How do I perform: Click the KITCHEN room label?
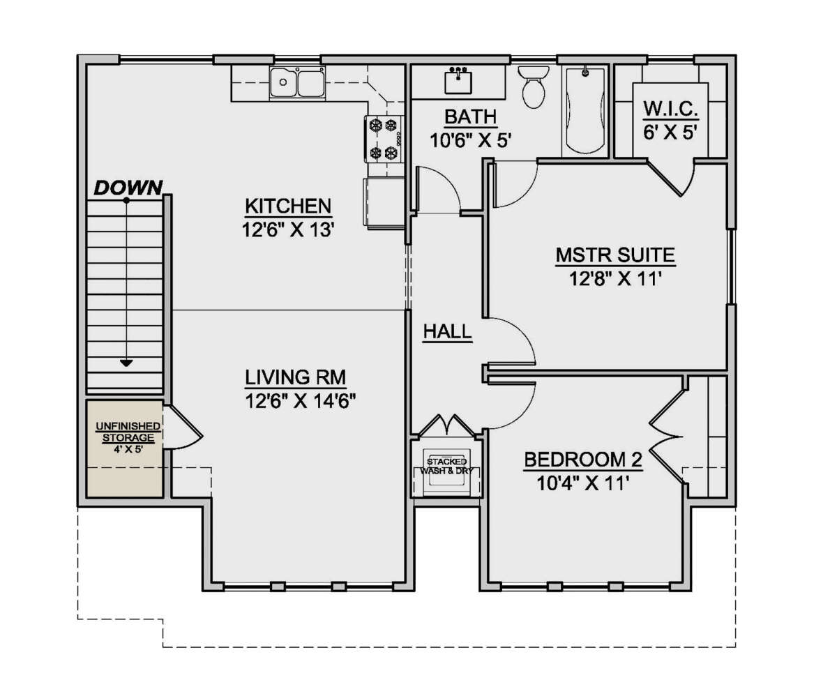[x=288, y=206]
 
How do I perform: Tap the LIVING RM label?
[x=296, y=377]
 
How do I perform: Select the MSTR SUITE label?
[x=615, y=255]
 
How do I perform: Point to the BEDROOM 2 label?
[x=583, y=460]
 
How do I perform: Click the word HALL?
[x=447, y=332]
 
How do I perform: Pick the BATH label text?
[x=471, y=117]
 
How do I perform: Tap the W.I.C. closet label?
[x=671, y=109]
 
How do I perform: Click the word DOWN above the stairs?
[x=128, y=188]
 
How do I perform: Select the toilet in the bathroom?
[x=534, y=86]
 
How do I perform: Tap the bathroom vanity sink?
[x=458, y=81]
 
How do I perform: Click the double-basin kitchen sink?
[x=297, y=82]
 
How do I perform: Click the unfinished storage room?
[x=125, y=448]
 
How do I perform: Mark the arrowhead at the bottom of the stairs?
[x=126, y=363]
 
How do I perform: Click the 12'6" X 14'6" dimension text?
[x=300, y=401]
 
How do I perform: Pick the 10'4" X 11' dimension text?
[x=581, y=483]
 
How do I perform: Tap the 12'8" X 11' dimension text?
[x=615, y=279]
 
